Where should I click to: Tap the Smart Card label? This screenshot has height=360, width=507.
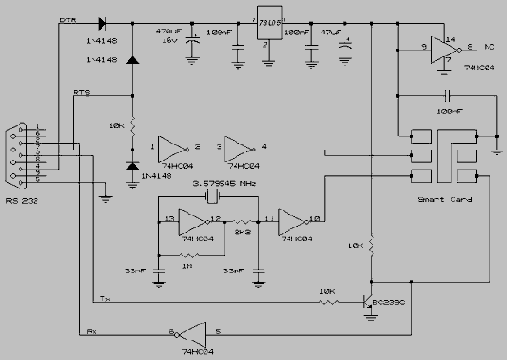[x=443, y=199]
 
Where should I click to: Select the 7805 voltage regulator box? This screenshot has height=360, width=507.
[x=267, y=28]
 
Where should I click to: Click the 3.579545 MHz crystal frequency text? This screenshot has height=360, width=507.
[x=225, y=183]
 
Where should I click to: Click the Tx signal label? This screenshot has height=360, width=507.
[x=105, y=298]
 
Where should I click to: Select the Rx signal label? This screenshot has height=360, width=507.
[x=92, y=331]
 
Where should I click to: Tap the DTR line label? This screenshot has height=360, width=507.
[x=69, y=19]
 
